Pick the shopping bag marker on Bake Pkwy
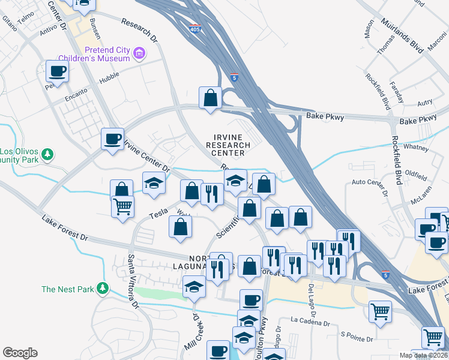211,98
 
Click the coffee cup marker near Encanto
57,71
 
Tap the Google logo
20,353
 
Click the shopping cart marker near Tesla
122,208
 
